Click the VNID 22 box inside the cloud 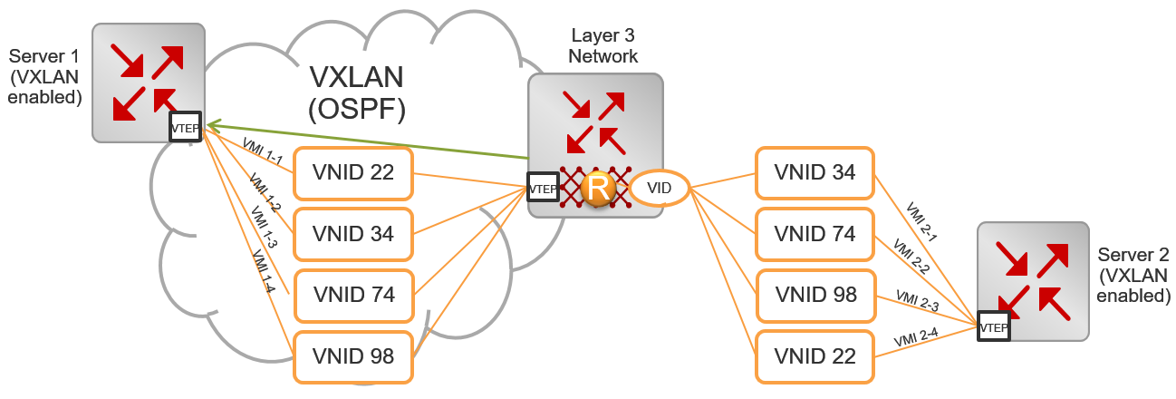click(x=353, y=172)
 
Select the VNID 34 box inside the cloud click(x=353, y=234)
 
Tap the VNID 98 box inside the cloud click(x=353, y=356)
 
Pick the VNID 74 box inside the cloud click(x=353, y=296)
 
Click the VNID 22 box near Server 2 click(x=813, y=356)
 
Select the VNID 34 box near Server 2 click(x=813, y=172)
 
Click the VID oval click(x=659, y=189)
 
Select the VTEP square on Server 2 click(x=993, y=326)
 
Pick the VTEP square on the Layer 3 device click(x=543, y=189)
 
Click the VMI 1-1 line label click(x=264, y=152)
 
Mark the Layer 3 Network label click(x=603, y=46)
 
